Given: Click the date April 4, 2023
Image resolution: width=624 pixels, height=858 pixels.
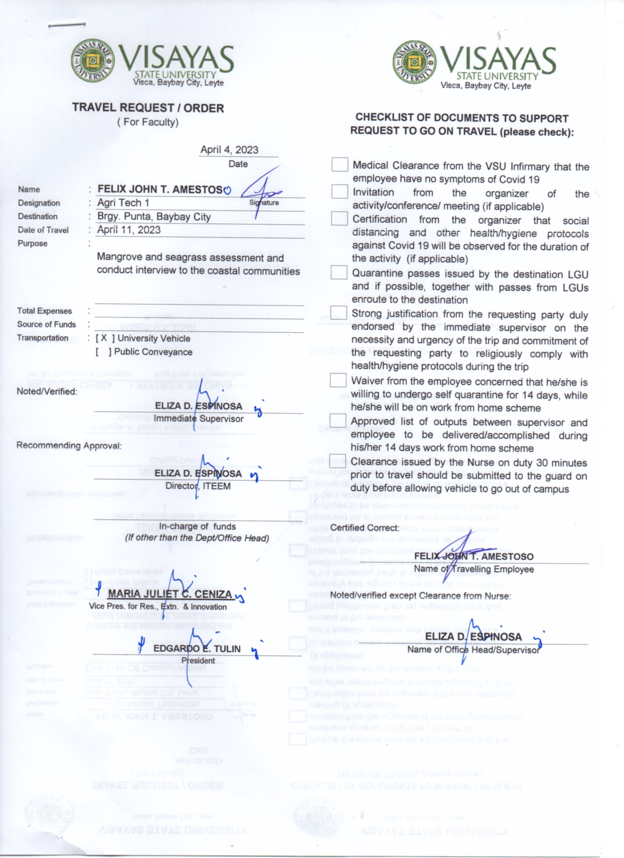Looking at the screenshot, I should [229, 150].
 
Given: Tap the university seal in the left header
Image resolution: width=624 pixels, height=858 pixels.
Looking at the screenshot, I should [92, 61].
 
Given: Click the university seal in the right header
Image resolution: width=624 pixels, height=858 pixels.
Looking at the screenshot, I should [414, 62].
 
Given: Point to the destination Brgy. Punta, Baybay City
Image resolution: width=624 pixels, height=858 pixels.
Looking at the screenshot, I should [154, 217].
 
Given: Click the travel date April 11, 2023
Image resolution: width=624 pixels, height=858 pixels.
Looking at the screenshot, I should [129, 230].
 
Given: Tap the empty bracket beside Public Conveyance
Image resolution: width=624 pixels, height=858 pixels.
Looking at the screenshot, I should [103, 352].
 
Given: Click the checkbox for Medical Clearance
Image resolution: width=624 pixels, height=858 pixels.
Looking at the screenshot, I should [340, 164].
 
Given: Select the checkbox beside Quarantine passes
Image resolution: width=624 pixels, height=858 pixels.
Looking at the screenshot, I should [339, 272].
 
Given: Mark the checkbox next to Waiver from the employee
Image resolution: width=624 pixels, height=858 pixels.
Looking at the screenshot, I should [338, 380].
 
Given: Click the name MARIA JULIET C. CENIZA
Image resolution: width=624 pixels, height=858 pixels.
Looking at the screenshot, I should [170, 594].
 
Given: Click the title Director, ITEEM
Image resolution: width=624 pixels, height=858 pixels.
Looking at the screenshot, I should [198, 486].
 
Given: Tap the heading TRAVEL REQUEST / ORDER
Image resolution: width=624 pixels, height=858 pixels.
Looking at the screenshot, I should [148, 108].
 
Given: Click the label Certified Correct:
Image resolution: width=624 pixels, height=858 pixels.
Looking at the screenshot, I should [365, 528].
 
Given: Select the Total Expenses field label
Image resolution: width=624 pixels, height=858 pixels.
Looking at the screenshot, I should [44, 311].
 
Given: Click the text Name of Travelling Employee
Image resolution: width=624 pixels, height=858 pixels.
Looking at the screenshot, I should [474, 569].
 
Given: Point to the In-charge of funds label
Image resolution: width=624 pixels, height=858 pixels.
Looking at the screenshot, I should [197, 526].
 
